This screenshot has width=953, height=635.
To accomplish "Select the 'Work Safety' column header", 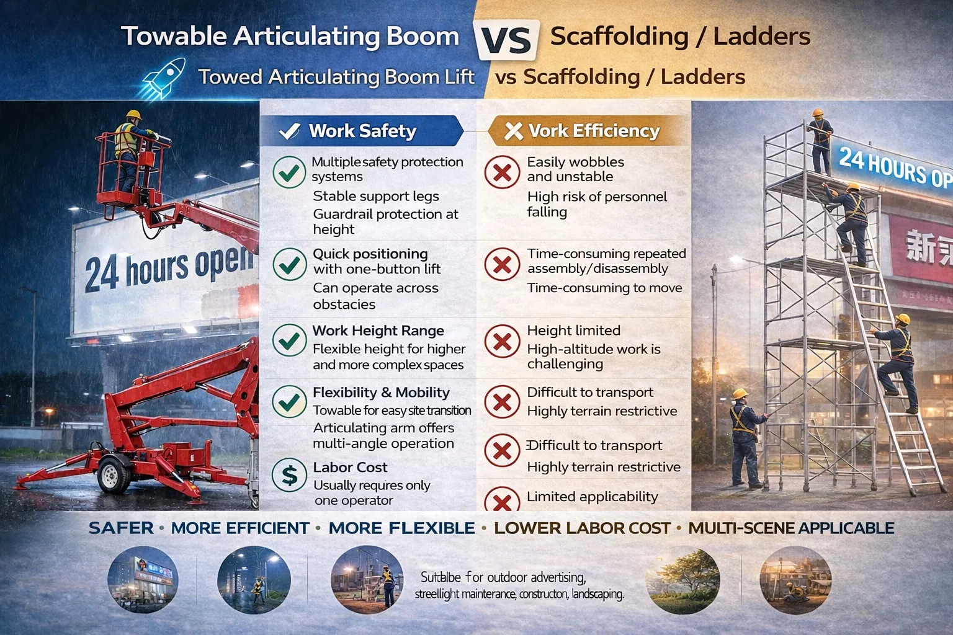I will click(362, 131).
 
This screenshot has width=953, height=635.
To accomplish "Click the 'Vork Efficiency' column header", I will click(593, 131).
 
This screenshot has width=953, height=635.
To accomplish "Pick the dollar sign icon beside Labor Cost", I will click(289, 475).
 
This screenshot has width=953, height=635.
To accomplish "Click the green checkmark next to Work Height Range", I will click(289, 340).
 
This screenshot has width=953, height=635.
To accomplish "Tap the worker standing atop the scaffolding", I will click(820, 141).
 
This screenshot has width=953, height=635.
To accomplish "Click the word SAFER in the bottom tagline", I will click(121, 528).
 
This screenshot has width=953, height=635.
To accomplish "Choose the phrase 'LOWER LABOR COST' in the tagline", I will click(582, 528).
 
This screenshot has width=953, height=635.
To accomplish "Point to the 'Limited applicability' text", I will click(592, 497).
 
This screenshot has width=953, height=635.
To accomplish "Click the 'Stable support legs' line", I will click(376, 197).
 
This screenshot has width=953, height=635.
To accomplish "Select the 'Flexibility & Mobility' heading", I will click(381, 393).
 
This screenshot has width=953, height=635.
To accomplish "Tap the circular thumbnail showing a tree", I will click(682, 580).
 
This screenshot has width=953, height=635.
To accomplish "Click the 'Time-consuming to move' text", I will click(604, 288).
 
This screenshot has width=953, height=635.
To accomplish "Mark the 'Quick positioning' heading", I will click(370, 254).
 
